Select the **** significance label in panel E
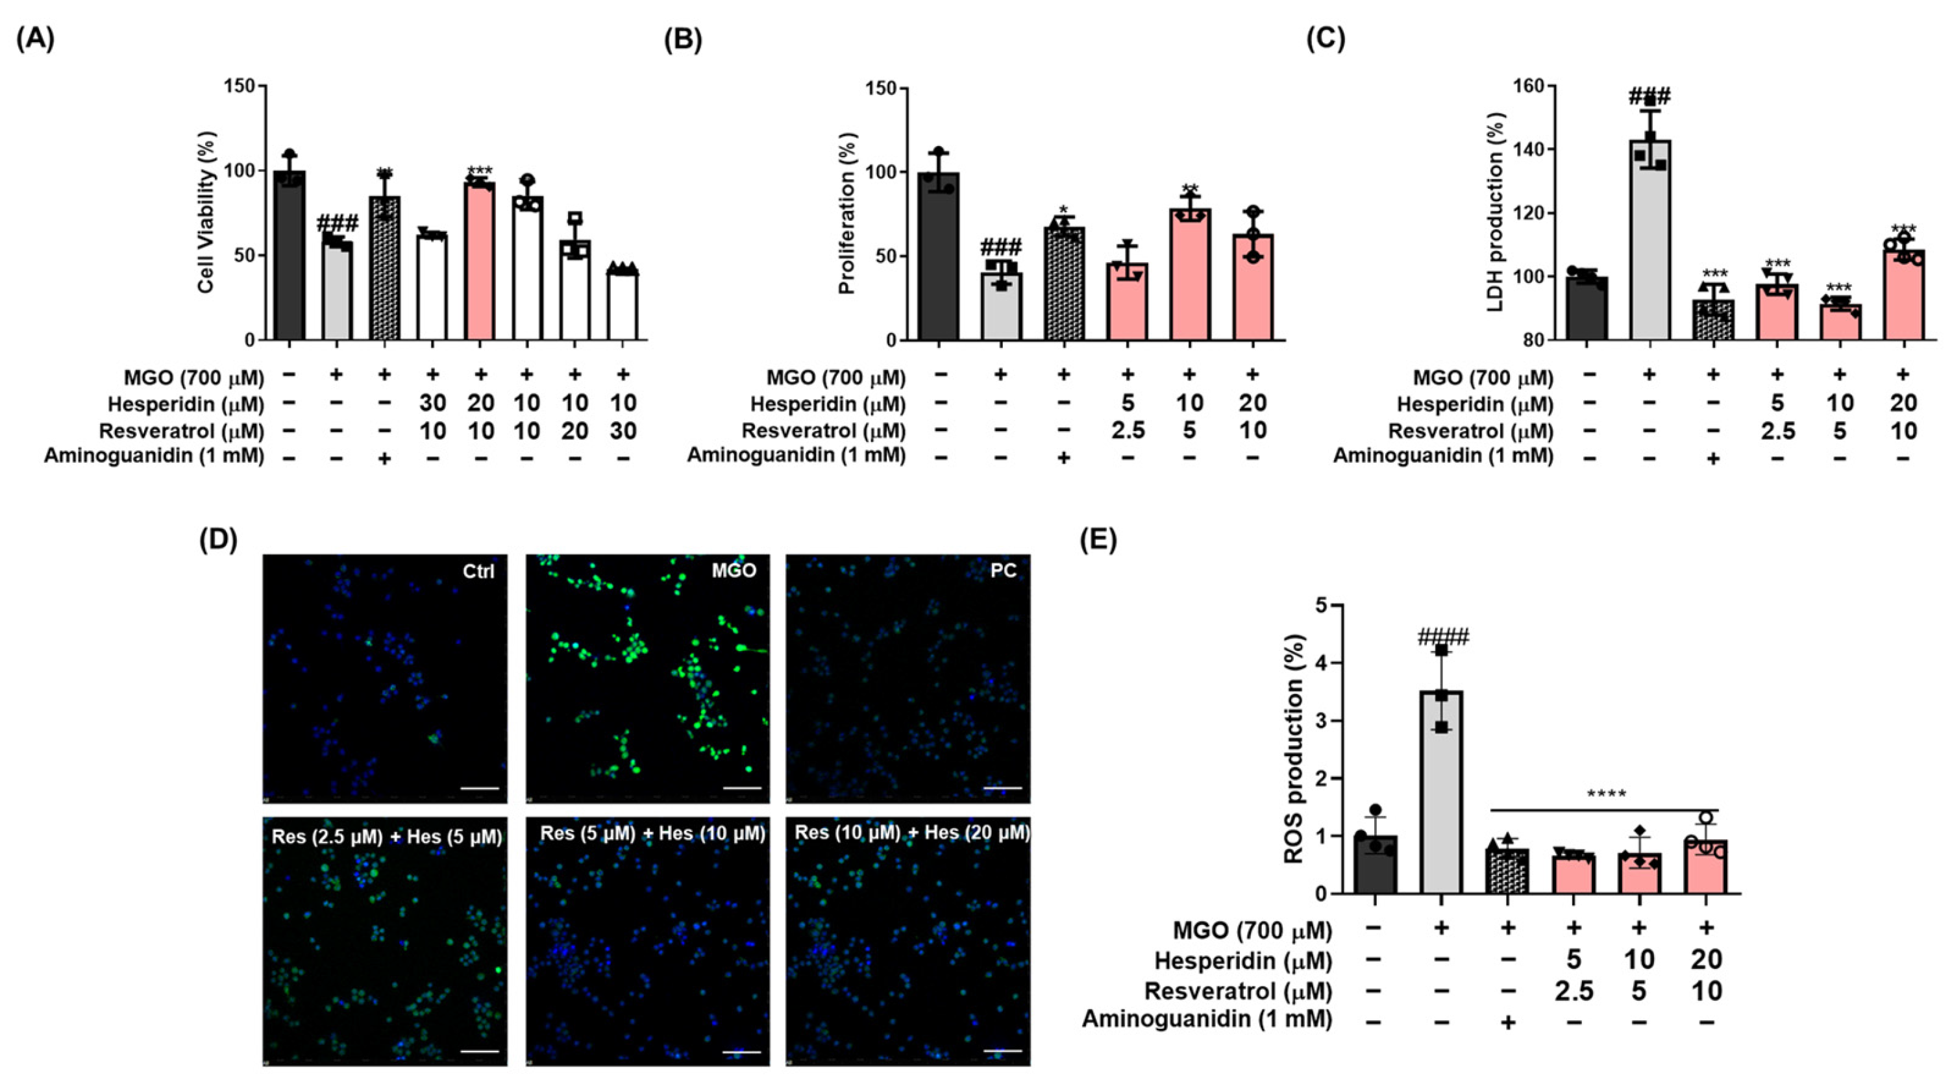click(1607, 794)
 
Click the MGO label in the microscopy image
click(734, 571)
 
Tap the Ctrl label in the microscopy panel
click(478, 571)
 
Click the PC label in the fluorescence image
click(1004, 571)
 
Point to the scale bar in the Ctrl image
click(479, 788)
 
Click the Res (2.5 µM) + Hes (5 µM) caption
click(386, 837)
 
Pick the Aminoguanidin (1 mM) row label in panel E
click(1206, 1019)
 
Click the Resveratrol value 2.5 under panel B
click(1128, 430)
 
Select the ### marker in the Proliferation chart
click(1001, 247)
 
